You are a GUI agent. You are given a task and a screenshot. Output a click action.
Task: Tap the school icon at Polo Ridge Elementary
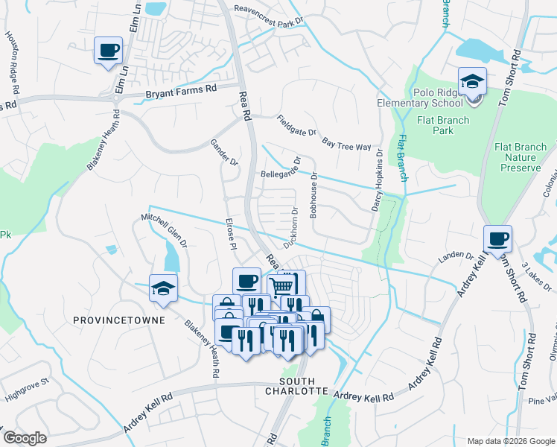472,81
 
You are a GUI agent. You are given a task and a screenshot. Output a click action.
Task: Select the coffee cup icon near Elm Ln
109,51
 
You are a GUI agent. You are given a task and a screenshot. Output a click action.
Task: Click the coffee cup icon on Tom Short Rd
498,239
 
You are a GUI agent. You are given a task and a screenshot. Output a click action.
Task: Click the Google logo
25,438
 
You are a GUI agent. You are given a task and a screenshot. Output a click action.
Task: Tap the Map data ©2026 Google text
510,441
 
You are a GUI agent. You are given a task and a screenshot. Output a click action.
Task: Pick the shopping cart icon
281,285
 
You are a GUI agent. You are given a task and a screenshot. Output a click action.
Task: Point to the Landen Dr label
456,257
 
